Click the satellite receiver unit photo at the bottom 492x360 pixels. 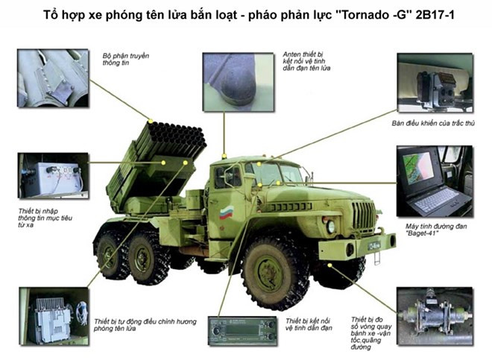point(243,326)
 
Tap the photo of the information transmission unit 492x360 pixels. point(53,78)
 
